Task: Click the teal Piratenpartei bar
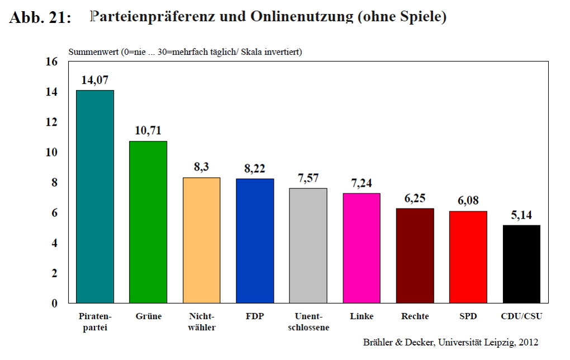95,197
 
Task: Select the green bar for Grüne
149,222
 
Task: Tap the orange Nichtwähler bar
202,240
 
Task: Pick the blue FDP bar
255,241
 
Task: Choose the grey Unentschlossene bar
308,246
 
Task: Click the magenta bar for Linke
362,248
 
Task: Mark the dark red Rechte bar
415,255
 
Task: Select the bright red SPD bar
468,257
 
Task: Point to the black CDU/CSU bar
521,264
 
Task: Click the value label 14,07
95,80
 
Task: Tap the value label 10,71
149,131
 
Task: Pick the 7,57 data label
308,178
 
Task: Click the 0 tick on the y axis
54,304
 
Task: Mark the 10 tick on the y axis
51,152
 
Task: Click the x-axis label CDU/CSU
521,316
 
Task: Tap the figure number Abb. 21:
40,18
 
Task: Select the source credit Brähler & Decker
393,342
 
